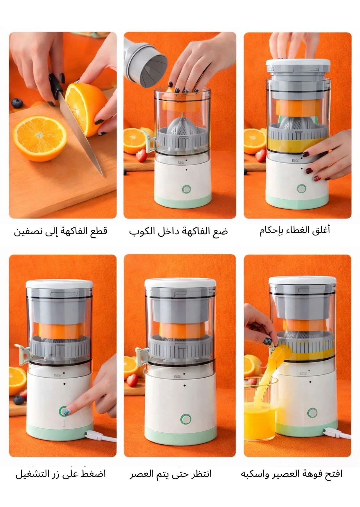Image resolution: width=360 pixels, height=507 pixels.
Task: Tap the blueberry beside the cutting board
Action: (x=17, y=103)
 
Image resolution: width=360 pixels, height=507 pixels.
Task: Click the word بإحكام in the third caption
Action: (x=271, y=231)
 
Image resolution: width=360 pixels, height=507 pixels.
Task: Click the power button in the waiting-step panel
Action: (x=186, y=419)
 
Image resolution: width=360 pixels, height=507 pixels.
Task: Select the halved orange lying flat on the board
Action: (x=40, y=138)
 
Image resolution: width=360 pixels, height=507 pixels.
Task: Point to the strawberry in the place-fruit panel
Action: (x=141, y=155)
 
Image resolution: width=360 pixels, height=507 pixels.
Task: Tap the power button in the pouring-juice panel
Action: (x=312, y=413)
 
